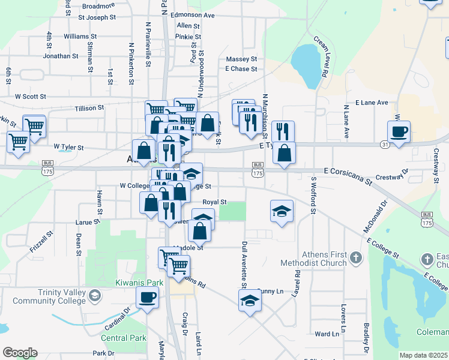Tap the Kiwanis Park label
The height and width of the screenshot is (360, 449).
click(x=139, y=282)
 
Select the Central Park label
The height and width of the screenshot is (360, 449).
click(x=123, y=338)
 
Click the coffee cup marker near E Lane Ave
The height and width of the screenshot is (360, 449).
click(x=399, y=131)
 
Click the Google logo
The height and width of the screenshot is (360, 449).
click(x=20, y=353)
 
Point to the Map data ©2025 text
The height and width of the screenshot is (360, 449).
click(x=423, y=355)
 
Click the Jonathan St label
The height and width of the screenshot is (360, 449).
click(x=61, y=56)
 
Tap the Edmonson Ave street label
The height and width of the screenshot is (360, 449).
click(x=193, y=14)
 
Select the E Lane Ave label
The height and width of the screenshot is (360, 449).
click(x=372, y=103)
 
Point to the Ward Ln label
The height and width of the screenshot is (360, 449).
click(x=327, y=334)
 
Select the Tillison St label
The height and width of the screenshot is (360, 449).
click(x=89, y=108)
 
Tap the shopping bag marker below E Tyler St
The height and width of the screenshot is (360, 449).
click(x=284, y=153)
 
